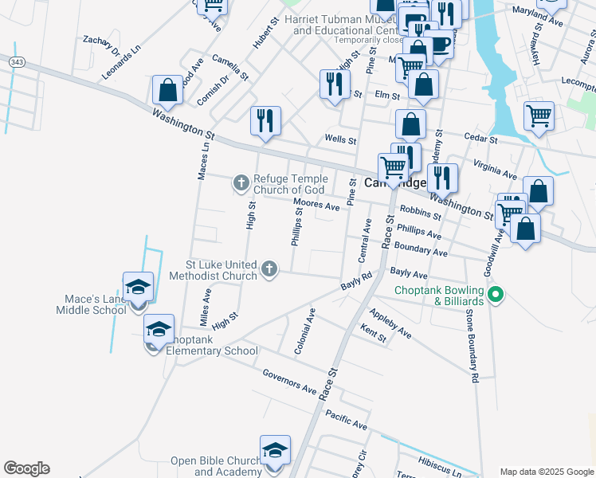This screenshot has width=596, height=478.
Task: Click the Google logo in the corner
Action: [x=26, y=468]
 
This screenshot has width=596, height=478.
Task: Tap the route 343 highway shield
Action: [x=18, y=61]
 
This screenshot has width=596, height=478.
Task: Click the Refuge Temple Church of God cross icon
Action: [x=241, y=184]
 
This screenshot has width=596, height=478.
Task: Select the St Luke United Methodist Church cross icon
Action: [x=269, y=269]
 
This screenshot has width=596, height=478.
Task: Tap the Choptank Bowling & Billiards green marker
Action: [x=496, y=296]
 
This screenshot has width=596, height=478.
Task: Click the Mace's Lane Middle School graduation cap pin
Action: [x=138, y=287]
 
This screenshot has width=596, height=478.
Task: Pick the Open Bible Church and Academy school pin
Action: [x=275, y=450]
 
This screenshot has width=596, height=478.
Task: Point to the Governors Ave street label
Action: [x=289, y=382]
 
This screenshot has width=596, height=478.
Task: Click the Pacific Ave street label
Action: [x=346, y=420]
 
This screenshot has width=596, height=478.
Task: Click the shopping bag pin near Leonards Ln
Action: [x=168, y=90]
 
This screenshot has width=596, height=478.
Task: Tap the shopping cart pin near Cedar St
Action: [x=539, y=116]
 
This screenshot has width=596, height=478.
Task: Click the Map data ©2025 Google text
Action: [x=546, y=471]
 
